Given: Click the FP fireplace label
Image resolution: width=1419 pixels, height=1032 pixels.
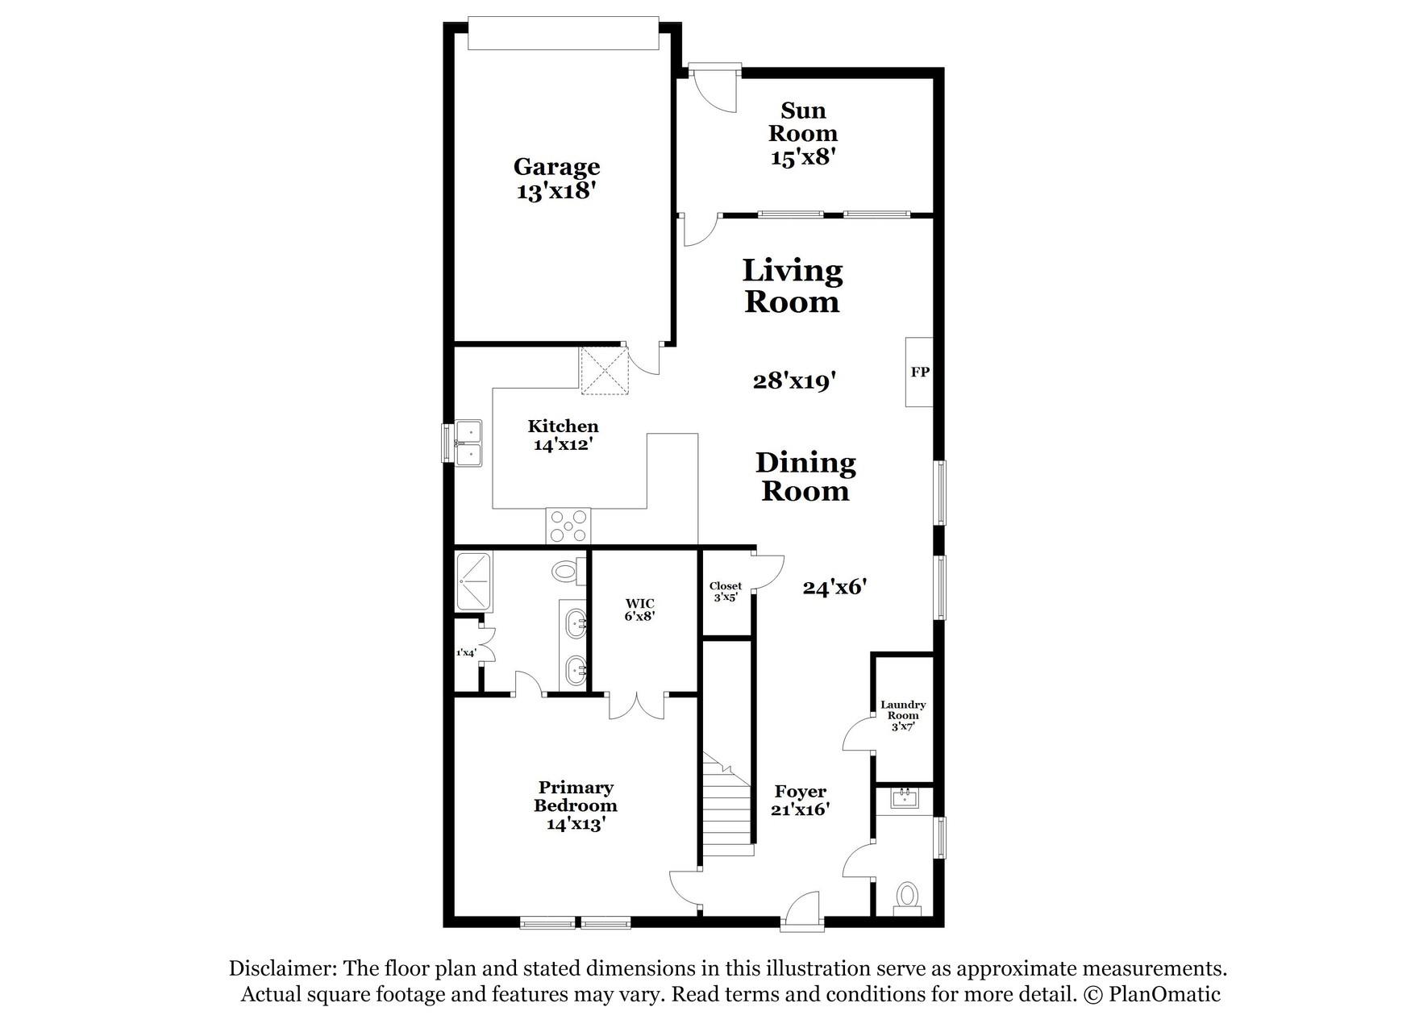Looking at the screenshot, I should pos(920,372).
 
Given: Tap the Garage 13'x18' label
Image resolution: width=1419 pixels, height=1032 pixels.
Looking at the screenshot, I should pos(556,179).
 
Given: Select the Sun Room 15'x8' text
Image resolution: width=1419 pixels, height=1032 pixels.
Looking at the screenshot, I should pos(803,133).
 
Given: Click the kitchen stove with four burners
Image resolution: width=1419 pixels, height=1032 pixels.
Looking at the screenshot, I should pos(568,526).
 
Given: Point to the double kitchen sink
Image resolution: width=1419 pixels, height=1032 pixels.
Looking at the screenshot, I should pos(468,443).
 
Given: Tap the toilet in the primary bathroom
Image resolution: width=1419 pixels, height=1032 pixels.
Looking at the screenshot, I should pos(568,571).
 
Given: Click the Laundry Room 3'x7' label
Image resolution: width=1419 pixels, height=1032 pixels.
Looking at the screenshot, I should pos(903,715).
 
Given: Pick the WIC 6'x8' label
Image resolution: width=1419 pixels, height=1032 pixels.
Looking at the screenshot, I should pos(640,609).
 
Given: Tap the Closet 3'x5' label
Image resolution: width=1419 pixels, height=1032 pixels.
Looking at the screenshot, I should pos(726,592).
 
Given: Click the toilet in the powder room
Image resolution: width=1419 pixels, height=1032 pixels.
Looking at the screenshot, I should pos(908,897).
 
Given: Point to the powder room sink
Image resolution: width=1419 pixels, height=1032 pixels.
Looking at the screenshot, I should pos(905,799).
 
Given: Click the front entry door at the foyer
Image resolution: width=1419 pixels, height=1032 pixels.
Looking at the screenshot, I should pos(803,911).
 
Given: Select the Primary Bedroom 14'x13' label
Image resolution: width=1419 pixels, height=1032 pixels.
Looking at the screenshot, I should pos(576,805).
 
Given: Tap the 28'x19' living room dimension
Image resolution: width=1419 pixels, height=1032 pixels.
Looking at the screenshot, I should pos(792,381).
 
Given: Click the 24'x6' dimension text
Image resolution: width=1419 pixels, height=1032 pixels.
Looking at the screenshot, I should pos(834,588).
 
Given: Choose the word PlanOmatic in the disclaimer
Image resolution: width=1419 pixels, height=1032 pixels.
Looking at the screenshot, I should pos(1164,994).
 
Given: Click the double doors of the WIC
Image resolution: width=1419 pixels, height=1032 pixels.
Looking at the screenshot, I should pos(637,705).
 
